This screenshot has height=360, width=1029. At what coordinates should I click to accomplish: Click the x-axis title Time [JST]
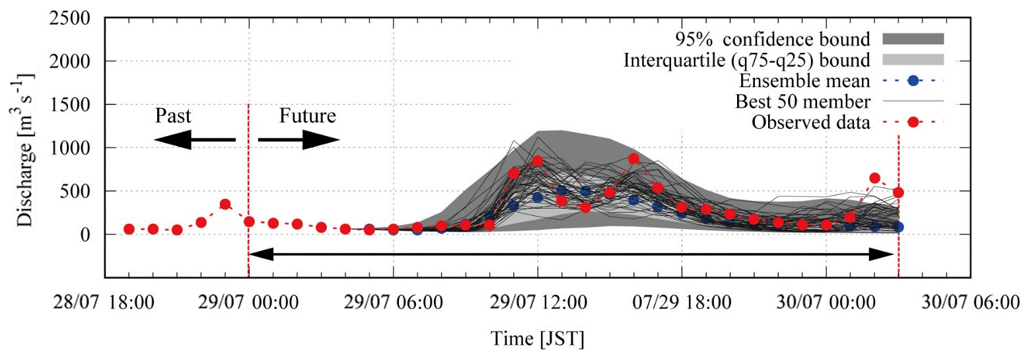(537, 340)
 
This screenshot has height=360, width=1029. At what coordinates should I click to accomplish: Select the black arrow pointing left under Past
(193, 140)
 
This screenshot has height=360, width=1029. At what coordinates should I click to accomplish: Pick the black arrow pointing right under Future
(299, 140)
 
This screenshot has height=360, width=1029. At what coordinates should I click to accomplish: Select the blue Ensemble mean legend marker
(912, 81)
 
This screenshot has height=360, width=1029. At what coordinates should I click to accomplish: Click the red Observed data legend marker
(912, 122)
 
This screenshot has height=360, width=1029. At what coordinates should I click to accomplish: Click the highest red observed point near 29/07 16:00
(633, 159)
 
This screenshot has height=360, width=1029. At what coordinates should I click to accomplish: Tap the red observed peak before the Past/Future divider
(225, 204)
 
